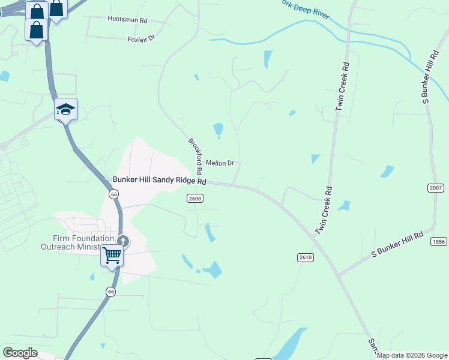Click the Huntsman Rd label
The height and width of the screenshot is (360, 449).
(127, 20)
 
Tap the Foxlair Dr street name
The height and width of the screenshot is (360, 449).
(141, 38)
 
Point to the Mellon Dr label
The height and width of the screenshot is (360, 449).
(219, 163)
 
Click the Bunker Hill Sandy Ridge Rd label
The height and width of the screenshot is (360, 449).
(160, 181)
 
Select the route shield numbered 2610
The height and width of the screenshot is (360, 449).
(305, 257)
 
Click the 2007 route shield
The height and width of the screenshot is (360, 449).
(436, 188)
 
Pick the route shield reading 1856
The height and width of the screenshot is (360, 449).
(439, 241)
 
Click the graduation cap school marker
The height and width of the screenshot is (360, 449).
(65, 109)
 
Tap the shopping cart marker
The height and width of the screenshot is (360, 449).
(112, 256)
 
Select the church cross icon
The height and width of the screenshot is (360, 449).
(123, 241)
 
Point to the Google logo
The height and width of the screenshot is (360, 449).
(20, 353)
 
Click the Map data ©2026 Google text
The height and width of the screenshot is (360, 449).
(412, 355)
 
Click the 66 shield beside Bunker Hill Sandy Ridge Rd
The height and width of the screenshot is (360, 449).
(113, 194)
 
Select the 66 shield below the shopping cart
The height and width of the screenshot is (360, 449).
(110, 291)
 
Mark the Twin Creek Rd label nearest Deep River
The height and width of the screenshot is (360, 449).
(342, 86)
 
